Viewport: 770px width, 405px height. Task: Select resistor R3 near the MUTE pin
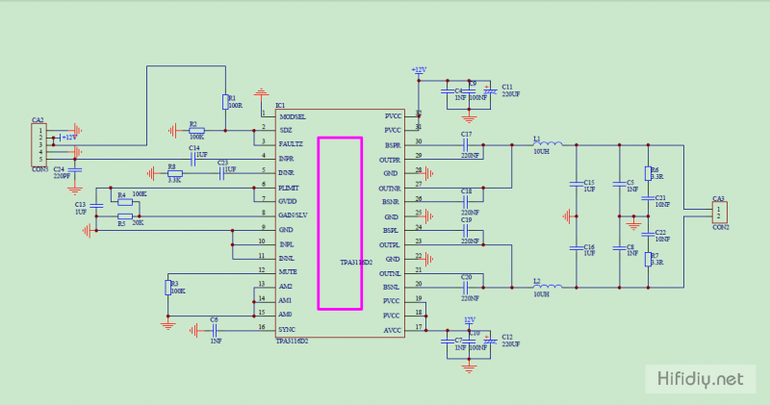pos(167,287)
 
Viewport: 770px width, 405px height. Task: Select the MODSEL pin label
pos(293,116)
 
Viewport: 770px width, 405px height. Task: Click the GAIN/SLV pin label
pos(293,215)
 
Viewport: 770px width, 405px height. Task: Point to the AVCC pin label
pos(392,329)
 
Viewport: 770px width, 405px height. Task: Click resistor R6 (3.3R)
pos(647,173)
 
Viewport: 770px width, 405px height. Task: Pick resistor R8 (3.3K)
pos(174,173)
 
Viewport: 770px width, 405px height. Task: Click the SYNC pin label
pos(287,329)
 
